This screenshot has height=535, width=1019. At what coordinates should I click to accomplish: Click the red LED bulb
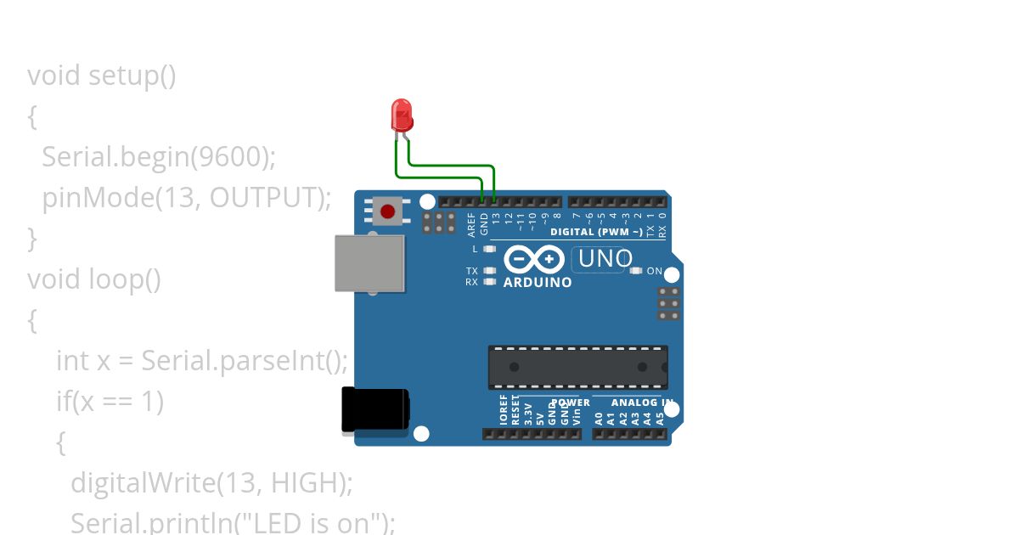(402, 114)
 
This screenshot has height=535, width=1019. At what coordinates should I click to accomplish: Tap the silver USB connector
(369, 263)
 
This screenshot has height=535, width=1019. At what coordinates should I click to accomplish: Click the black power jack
(374, 409)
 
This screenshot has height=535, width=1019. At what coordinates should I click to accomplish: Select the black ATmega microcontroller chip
(577, 367)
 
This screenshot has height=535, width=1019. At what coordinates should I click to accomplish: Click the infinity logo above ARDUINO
(534, 259)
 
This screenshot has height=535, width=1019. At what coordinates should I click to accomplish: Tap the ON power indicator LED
(636, 271)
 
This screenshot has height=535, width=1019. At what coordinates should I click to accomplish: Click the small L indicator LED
(488, 249)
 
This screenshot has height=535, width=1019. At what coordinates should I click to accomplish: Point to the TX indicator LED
(488, 271)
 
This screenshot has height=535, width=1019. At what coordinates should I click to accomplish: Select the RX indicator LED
(488, 281)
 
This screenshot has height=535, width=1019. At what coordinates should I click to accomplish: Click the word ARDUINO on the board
(538, 283)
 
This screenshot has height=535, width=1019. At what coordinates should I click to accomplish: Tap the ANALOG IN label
(642, 403)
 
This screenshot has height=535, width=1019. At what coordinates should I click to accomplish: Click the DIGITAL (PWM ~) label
(597, 232)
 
